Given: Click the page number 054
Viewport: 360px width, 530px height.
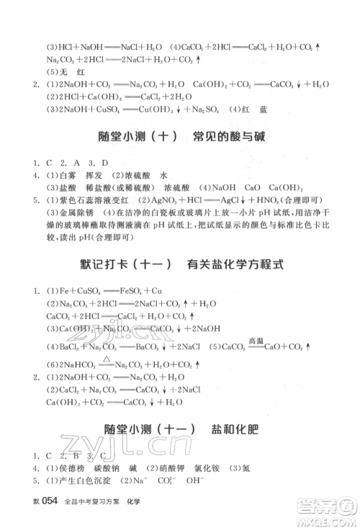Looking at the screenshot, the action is [48, 501].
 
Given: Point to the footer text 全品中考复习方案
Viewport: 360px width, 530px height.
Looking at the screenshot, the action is [94, 502].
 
